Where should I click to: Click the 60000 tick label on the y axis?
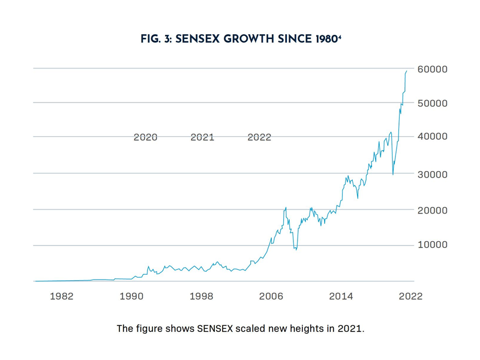pyautogui.click(x=432, y=69)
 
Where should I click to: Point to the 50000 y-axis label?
pyautogui.click(x=432, y=103)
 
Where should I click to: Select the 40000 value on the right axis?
pyautogui.click(x=432, y=137)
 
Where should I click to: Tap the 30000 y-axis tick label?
pyautogui.click(x=432, y=174)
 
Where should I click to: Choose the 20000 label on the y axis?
pyautogui.click(x=432, y=210)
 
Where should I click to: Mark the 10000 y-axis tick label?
pyautogui.click(x=432, y=245)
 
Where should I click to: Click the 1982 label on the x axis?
pyautogui.click(x=61, y=296)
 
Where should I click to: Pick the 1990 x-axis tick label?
pyautogui.click(x=131, y=296)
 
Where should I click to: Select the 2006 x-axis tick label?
pyautogui.click(x=271, y=296)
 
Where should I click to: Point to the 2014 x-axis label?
pyautogui.click(x=341, y=296)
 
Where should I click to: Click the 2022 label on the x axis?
pyautogui.click(x=411, y=296)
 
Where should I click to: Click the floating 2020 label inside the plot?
pyautogui.click(x=145, y=137)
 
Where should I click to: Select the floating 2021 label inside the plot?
pyautogui.click(x=202, y=137)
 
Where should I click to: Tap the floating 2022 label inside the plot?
pyautogui.click(x=259, y=137)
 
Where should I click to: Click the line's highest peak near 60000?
pyautogui.click(x=406, y=71)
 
